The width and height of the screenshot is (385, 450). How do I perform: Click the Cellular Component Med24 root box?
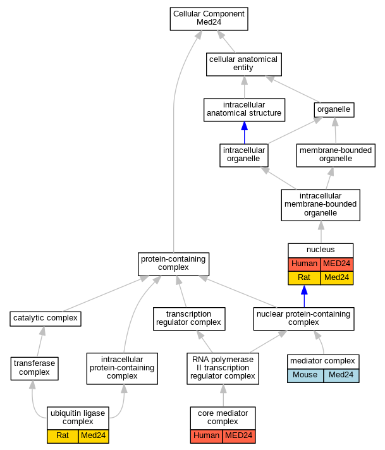tap(209, 19)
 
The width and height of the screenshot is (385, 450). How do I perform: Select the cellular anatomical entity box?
tap(244, 64)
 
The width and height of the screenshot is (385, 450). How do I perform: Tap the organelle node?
tap(334, 109)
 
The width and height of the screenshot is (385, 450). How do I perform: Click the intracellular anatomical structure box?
tap(244, 110)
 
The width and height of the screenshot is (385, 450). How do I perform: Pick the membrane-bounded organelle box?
tap(336, 155)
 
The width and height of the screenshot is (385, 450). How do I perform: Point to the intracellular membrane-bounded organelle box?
tap(321, 205)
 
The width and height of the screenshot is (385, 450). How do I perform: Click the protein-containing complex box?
tap(173, 264)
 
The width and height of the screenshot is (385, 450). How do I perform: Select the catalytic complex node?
tap(46, 319)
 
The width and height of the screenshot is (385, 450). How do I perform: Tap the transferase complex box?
tap(34, 368)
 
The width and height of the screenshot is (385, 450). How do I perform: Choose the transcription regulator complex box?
tap(189, 319)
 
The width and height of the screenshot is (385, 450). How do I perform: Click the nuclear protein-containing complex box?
tap(303, 319)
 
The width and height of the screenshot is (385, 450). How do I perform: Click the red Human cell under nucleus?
tap(304, 264)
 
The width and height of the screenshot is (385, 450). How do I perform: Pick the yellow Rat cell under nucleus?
tap(304, 278)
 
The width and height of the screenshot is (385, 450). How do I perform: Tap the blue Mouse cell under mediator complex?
tap(305, 375)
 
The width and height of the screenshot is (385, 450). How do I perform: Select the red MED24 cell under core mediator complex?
tap(239, 436)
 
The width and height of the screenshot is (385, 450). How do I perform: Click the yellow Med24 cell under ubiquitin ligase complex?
tap(94, 436)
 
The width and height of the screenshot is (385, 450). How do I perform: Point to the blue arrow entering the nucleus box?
tap(304, 296)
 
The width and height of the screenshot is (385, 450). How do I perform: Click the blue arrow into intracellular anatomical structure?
tap(244, 133)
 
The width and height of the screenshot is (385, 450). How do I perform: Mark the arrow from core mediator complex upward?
tap(223, 396)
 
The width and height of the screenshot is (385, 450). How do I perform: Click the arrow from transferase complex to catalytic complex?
tap(40, 342)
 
